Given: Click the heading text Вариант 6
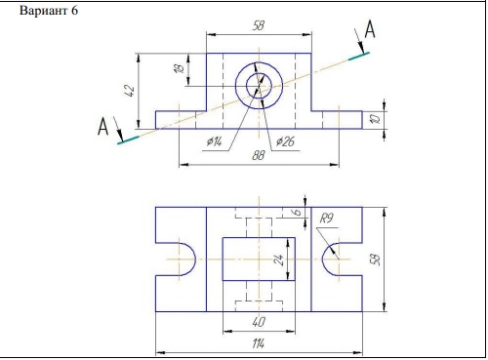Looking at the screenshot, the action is (x=49, y=11).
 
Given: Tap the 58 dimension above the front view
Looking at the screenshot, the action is (x=259, y=26).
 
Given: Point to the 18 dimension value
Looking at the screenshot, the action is (x=180, y=68).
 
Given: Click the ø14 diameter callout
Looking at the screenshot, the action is (x=215, y=141).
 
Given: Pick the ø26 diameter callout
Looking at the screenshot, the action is (x=285, y=141).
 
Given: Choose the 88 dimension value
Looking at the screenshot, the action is (x=259, y=156).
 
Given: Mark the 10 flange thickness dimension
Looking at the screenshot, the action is (x=376, y=119).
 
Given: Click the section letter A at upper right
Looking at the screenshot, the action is (x=370, y=29).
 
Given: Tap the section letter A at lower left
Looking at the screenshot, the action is (x=102, y=127).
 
